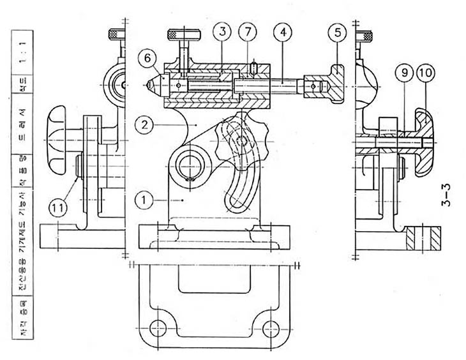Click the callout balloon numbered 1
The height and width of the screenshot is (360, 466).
tap(144, 200)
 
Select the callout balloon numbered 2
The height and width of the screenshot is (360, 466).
tap(145, 125)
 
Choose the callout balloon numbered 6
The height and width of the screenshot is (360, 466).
tap(146, 59)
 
